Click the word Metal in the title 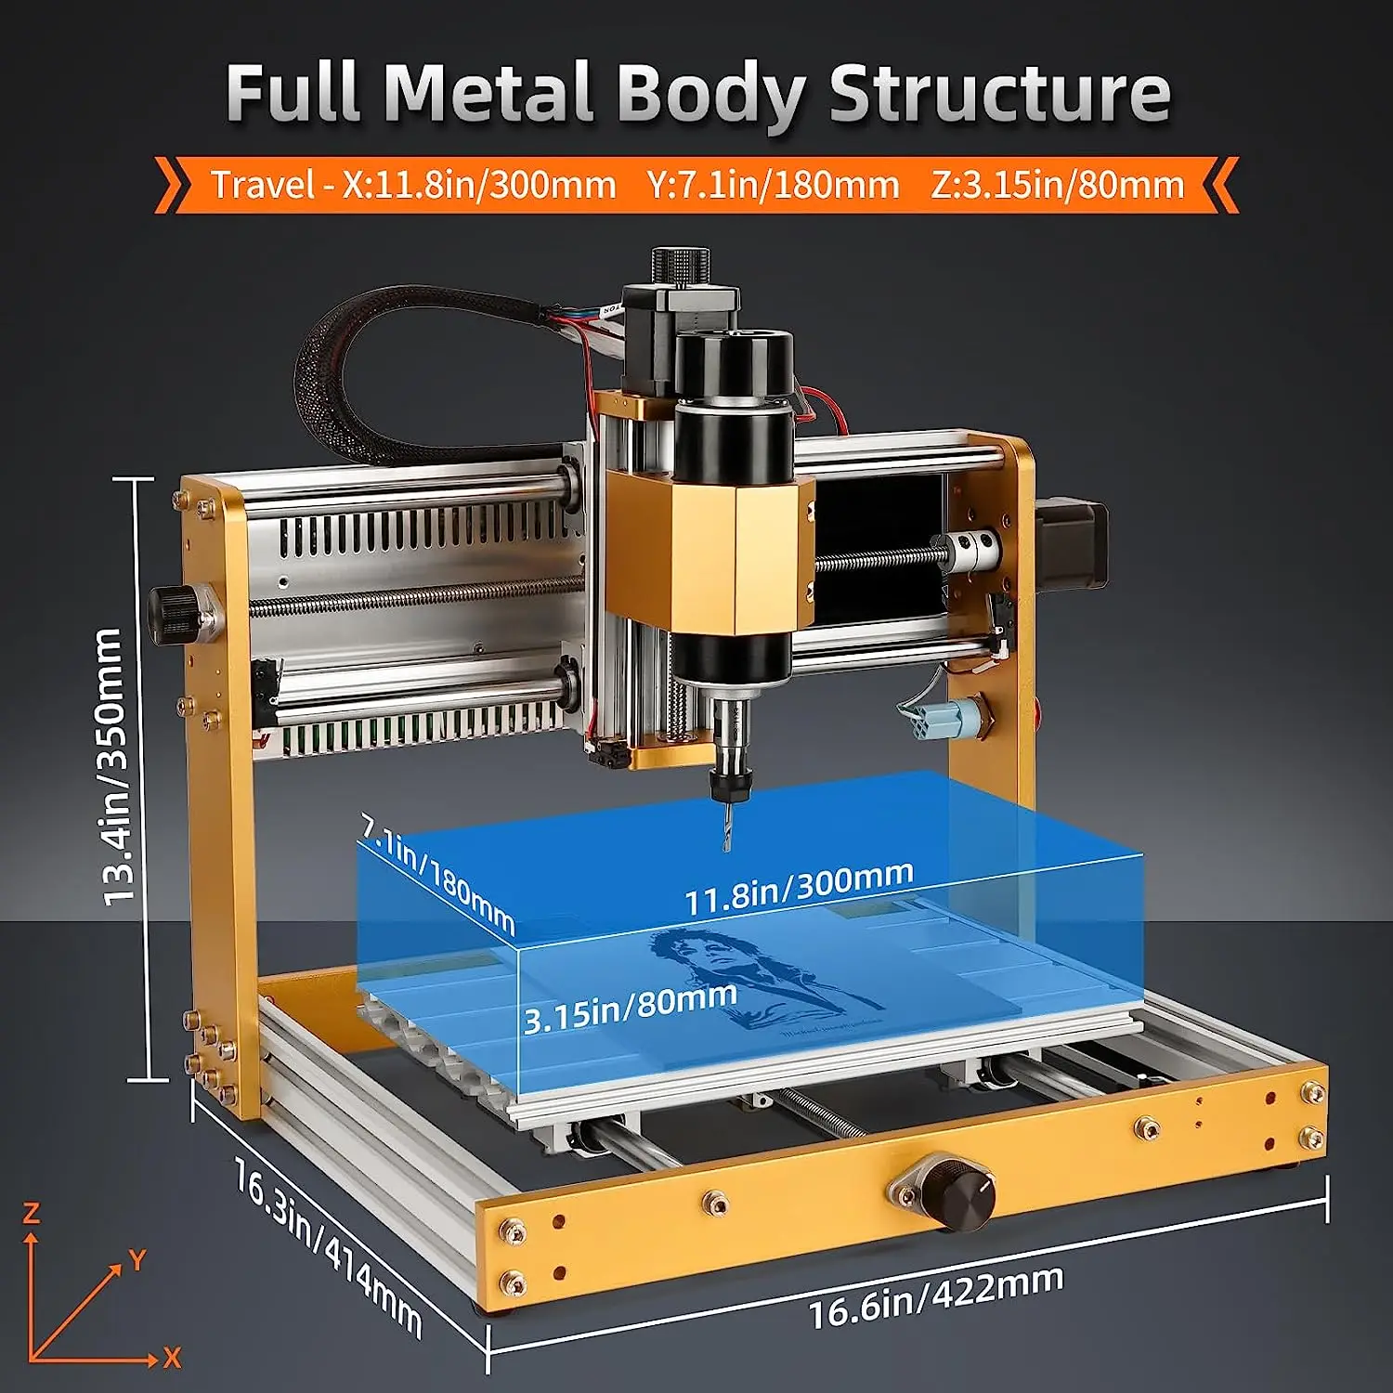point(488,92)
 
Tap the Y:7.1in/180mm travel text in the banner point(774,185)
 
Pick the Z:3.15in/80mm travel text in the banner point(1058,185)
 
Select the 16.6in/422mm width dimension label point(935,1296)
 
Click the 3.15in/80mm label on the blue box point(631,1008)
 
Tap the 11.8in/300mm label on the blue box point(799,888)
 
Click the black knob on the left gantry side point(173,615)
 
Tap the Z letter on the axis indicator point(32,1213)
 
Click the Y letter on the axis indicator point(137,1260)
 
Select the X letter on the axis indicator point(172,1358)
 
